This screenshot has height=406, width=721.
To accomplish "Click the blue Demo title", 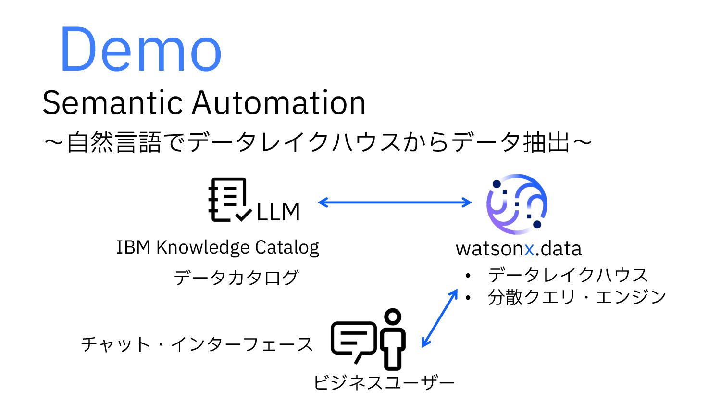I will (140, 50).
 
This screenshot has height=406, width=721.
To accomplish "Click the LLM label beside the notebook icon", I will (278, 212).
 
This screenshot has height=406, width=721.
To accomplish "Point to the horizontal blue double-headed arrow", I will (395, 203).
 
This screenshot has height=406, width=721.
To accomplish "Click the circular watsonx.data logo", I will (517, 203).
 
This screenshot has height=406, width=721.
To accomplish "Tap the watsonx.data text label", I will (519, 249).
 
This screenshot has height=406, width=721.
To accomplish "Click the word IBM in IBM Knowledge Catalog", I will (133, 247).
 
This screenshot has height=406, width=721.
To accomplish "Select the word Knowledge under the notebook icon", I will (203, 247).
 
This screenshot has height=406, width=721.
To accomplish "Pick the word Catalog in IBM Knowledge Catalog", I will (287, 247).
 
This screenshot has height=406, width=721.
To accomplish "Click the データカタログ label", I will (236, 278).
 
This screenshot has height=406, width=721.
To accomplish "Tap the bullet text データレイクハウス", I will (568, 275).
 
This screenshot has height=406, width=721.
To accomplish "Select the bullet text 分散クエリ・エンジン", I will (577, 297).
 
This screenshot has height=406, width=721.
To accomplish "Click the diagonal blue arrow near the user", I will (439, 318).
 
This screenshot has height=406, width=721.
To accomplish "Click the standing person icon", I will (393, 339).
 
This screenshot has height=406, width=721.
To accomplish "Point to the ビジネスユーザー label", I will (384, 383).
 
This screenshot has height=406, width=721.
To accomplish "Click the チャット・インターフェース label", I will (197, 344).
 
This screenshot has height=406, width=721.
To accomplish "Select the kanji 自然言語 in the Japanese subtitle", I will (113, 143).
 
